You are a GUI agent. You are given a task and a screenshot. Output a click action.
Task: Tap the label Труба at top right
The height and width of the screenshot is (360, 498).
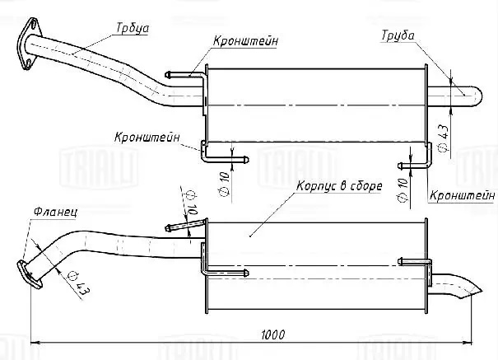tap(397, 35)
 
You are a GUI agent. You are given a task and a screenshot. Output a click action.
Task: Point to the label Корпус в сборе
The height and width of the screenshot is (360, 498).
tap(338, 186)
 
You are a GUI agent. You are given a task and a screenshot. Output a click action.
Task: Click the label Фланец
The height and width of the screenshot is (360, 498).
tap(55, 212)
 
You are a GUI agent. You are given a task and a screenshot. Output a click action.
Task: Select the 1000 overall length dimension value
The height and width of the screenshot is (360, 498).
tap(274, 334)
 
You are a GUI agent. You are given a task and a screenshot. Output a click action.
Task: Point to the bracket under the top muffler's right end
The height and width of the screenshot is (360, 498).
tap(421, 153)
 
